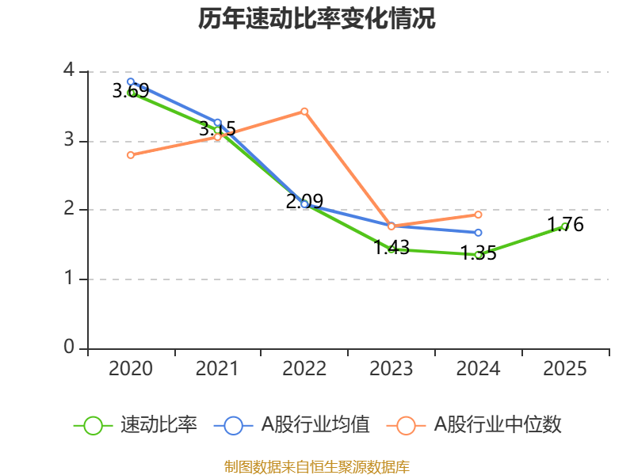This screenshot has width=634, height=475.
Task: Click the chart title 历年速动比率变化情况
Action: [x=317, y=19]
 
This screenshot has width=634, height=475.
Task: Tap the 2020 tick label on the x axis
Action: [x=131, y=369]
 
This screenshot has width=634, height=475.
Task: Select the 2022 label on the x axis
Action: [x=304, y=369]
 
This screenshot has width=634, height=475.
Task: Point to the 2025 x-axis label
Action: [x=565, y=369]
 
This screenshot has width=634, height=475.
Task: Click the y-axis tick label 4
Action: [x=69, y=71]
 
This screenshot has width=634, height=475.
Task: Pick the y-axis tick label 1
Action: [x=69, y=279]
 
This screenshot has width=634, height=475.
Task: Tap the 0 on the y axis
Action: [x=69, y=348]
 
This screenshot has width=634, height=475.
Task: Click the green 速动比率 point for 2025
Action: [x=565, y=226]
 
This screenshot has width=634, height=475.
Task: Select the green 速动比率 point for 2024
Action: [x=479, y=255]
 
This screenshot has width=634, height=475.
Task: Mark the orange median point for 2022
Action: [x=304, y=111]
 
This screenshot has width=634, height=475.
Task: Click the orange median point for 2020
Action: [x=131, y=154]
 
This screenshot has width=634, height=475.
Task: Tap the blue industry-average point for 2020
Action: [x=131, y=82]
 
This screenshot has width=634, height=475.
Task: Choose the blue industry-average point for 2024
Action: [x=479, y=233]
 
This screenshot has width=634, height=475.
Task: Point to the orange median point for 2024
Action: [x=479, y=215]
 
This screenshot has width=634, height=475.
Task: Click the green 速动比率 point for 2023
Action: [x=391, y=249]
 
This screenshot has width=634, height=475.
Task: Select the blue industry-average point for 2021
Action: [x=217, y=123]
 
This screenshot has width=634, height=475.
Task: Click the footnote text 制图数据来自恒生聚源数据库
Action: [x=317, y=466]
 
